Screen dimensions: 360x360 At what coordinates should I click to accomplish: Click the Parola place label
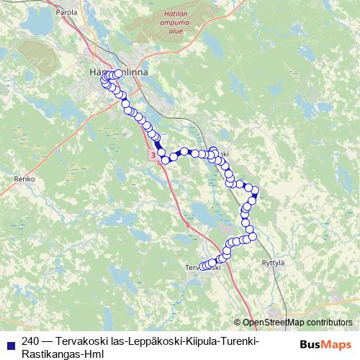(x=66, y=12)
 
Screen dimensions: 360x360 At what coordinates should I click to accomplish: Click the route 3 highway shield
(x=153, y=155)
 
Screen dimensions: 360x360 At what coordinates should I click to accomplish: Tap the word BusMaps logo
(x=326, y=344)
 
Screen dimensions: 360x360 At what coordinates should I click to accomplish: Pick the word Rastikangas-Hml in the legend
(x=63, y=354)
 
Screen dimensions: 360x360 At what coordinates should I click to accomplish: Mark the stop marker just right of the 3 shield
(x=165, y=159)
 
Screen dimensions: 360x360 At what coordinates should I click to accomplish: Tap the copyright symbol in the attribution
(x=238, y=323)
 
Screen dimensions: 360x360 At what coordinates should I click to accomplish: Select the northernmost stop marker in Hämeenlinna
(x=117, y=73)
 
